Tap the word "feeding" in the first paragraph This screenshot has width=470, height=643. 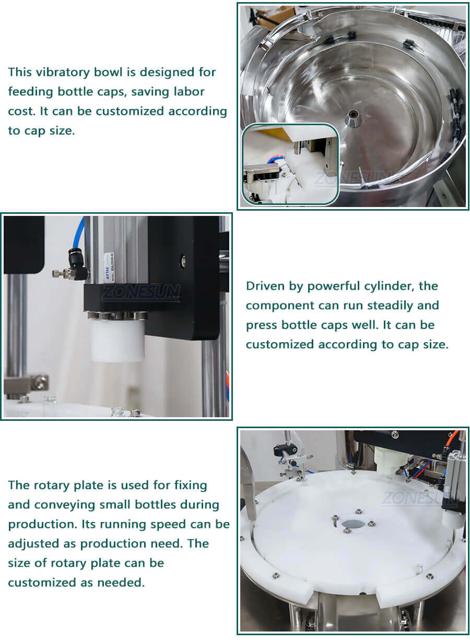pos(30,92)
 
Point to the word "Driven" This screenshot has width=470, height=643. pos(266,286)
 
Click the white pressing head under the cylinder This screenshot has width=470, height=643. pos(118,341)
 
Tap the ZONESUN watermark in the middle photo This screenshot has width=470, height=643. pos(141,292)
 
